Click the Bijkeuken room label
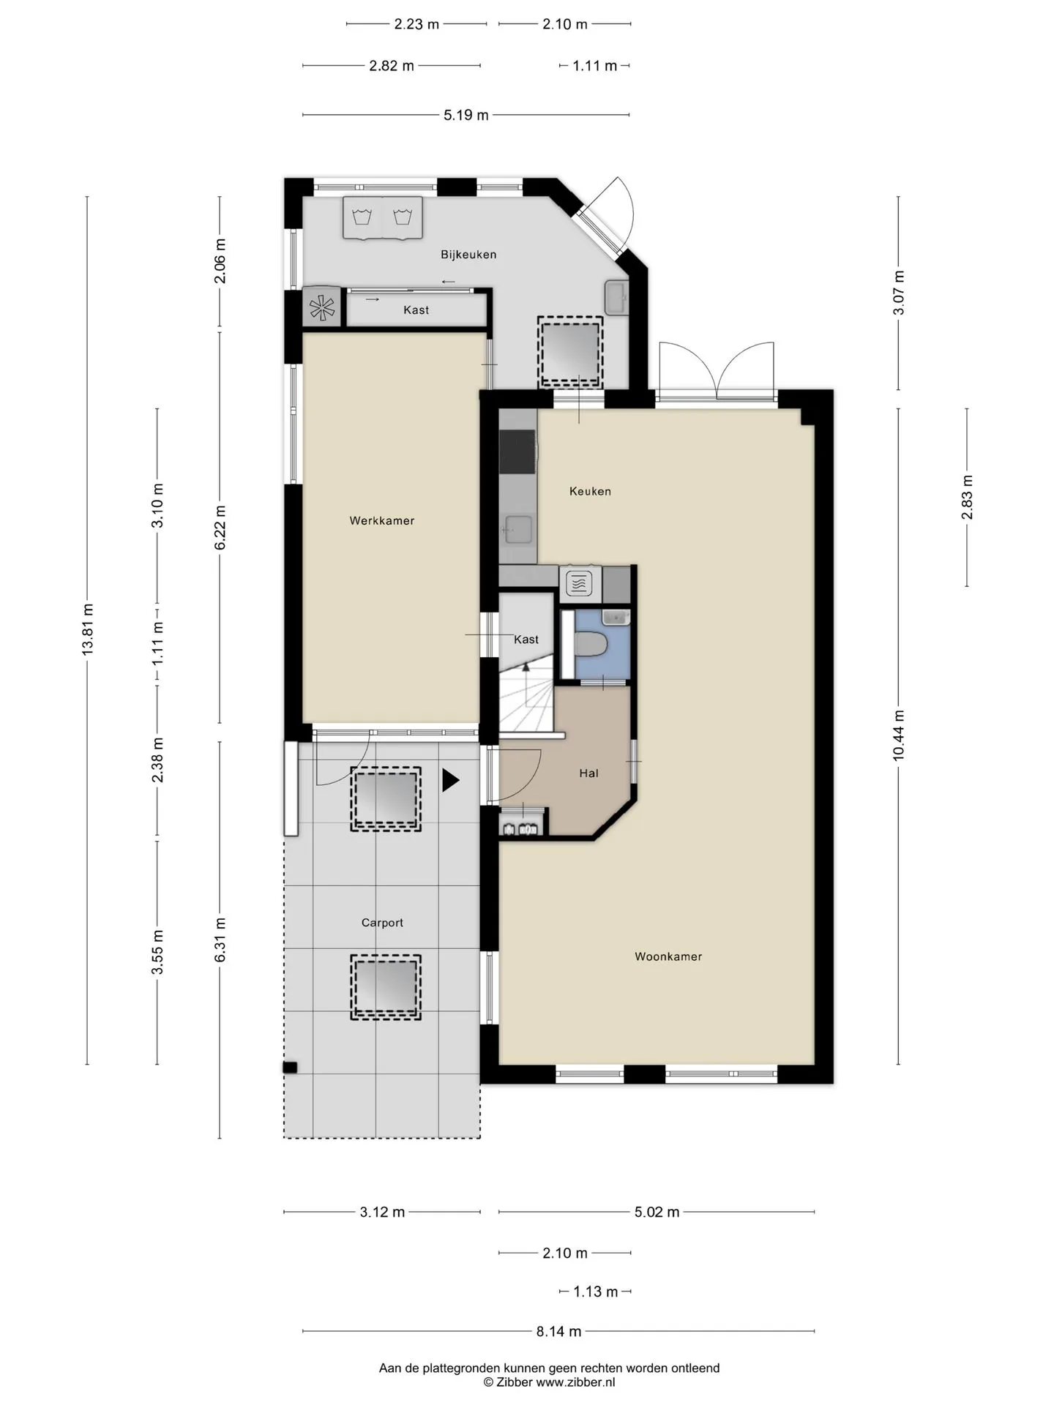point(468,255)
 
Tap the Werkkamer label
point(382,521)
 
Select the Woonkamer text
point(668,956)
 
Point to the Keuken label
point(590,491)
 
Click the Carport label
point(382,923)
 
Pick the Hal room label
point(588,773)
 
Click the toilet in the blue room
point(591,645)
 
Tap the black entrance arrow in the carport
point(450,780)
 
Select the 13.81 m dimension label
point(88,629)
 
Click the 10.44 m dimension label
point(899,735)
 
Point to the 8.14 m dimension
point(558,1331)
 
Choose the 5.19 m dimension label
point(466,115)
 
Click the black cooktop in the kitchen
point(517,452)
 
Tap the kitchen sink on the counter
point(518,529)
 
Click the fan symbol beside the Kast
point(321,307)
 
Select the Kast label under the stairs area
point(526,640)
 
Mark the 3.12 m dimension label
point(382,1212)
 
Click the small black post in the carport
point(290,1068)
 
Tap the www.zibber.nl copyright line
point(549,1382)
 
